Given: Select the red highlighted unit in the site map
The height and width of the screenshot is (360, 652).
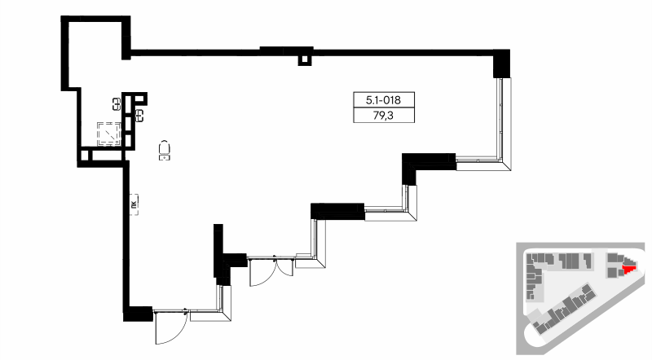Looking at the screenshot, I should [628, 266].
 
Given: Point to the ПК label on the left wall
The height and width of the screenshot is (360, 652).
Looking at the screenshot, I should [132, 204].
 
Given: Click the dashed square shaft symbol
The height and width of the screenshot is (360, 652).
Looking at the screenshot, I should [108, 133].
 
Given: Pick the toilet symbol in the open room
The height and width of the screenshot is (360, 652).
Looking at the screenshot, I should [165, 149].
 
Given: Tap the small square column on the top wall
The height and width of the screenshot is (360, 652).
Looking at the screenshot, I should [305, 59].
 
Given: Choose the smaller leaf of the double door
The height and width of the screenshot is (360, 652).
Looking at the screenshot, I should [283, 266].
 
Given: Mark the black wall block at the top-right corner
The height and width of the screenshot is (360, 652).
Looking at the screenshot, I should [502, 64].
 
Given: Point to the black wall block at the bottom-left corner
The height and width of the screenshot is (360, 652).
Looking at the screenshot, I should [139, 312].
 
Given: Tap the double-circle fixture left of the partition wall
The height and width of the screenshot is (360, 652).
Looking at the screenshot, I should [117, 103].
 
